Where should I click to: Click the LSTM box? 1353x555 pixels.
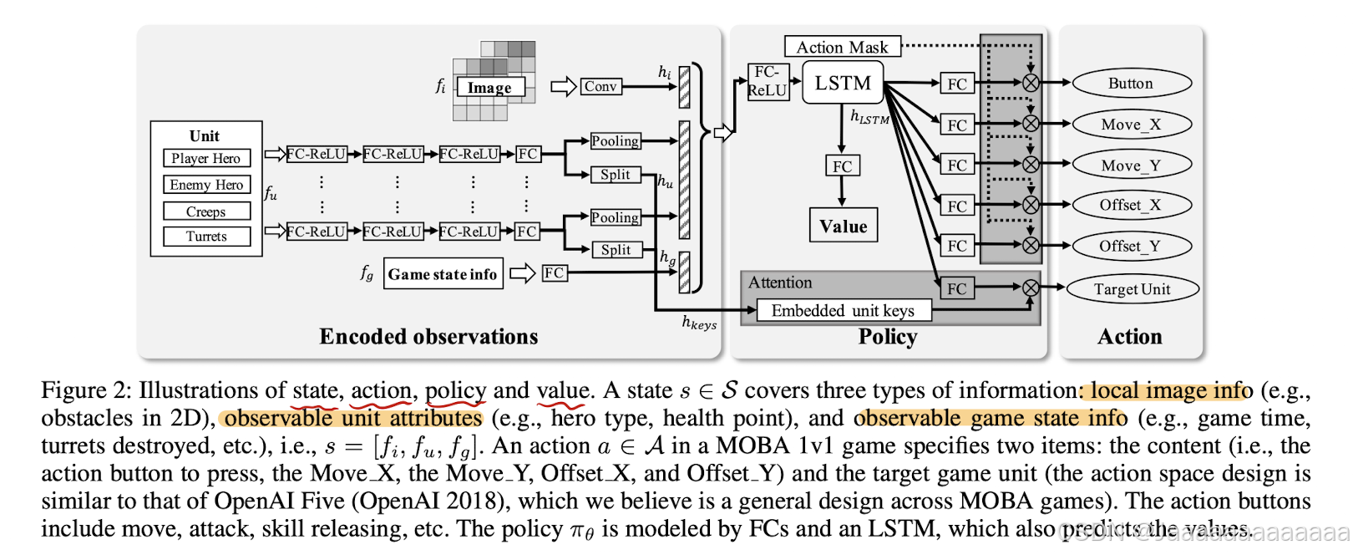tap(843, 84)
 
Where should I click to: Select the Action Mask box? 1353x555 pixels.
tap(842, 47)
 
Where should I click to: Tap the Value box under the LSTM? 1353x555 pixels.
tap(843, 226)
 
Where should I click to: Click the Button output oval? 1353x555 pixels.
tap(1131, 84)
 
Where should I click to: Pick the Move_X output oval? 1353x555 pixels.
tap(1131, 125)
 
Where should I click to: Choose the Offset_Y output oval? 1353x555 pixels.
tap(1131, 246)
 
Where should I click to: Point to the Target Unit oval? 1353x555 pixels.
tap(1133, 289)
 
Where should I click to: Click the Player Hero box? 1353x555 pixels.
tap(205, 158)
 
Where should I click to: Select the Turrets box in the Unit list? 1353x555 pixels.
tap(206, 237)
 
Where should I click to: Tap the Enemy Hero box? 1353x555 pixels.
tap(206, 185)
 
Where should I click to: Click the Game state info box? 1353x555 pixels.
tap(443, 274)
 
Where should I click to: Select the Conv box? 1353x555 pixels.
tap(600, 86)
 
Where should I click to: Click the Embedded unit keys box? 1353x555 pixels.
tap(843, 311)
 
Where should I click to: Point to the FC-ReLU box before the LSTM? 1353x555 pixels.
tap(767, 82)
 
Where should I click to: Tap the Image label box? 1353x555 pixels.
tap(490, 87)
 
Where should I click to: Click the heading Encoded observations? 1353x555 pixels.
tap(428, 336)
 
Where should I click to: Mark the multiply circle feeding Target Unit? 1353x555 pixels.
tap(1031, 288)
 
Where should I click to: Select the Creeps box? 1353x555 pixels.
tap(206, 211)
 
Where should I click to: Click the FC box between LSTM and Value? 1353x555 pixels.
tap(842, 166)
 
